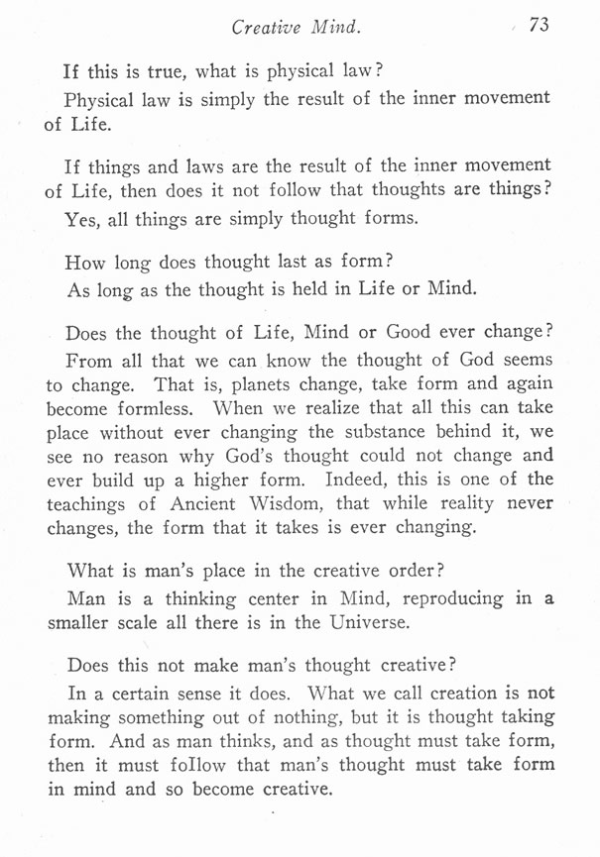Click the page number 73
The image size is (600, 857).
coord(540,26)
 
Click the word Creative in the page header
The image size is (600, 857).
coord(266,27)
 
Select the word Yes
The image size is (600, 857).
coord(81,220)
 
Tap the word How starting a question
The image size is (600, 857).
coord(85,263)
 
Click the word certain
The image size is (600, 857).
coord(147,693)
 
